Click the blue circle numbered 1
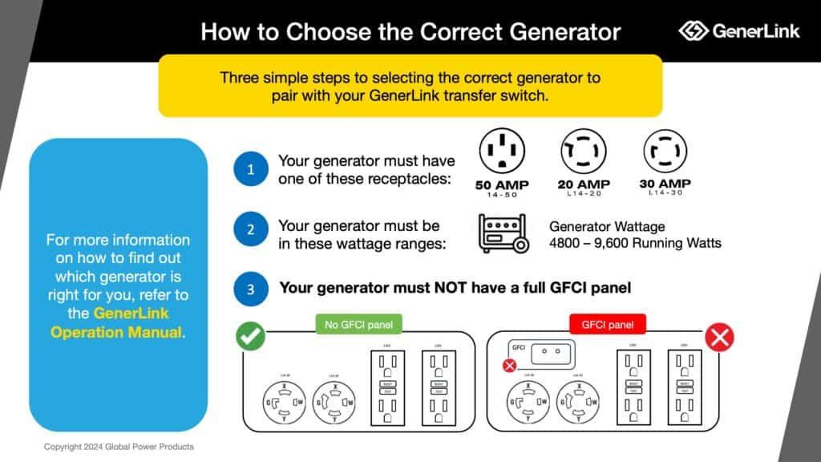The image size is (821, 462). click(x=251, y=169)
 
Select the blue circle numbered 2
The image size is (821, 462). click(x=251, y=229)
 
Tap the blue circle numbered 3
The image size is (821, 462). click(x=251, y=287)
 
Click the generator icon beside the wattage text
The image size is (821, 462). click(x=504, y=233)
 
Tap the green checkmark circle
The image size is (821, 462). click(x=251, y=337)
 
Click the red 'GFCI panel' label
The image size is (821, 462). click(x=608, y=325)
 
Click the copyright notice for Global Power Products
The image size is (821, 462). click(x=119, y=446)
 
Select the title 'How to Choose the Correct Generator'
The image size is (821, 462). click(x=410, y=31)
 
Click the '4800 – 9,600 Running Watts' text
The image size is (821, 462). click(x=635, y=242)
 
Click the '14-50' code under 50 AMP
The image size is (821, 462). click(x=502, y=195)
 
